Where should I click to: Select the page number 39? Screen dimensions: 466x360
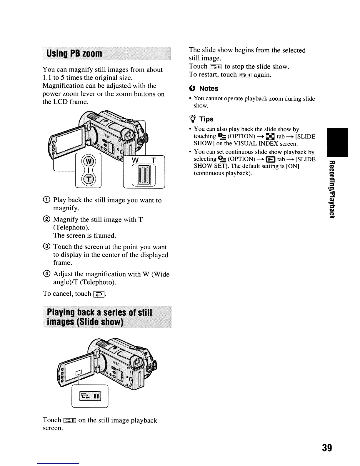pos(327,448)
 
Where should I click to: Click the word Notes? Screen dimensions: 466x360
pos(209,89)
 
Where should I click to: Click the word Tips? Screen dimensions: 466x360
pos(206,119)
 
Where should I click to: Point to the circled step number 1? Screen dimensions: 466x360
pos(46,200)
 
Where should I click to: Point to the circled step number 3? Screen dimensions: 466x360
pos(46,247)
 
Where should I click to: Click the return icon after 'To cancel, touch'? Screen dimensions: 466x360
pos(98,294)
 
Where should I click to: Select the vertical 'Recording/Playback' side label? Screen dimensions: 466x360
pos(331,190)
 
